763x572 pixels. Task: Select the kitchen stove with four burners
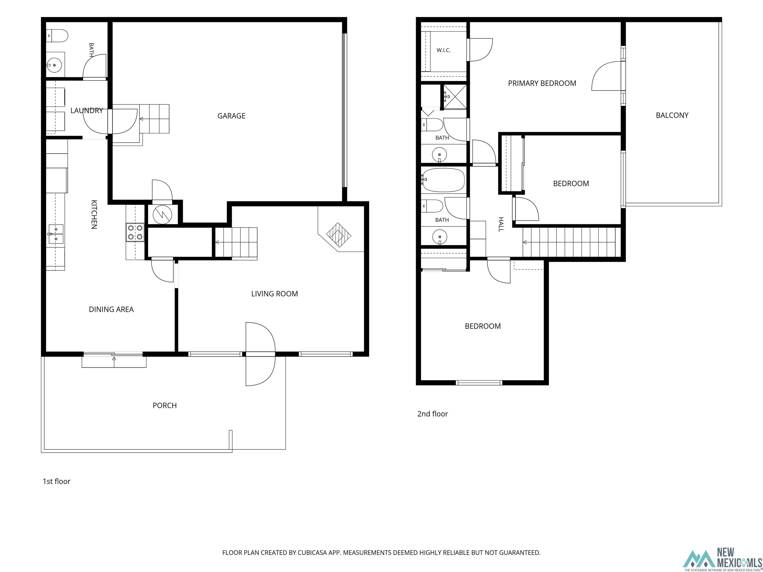[x=135, y=232]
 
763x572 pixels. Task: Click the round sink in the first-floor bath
[x=54, y=65]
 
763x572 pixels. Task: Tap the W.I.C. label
[x=444, y=50]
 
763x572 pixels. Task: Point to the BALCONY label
[x=672, y=115]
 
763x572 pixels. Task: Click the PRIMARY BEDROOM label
[x=542, y=83]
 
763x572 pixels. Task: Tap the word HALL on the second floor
[x=501, y=224]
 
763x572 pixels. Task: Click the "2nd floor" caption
[x=433, y=414]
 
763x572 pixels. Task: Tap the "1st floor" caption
[x=57, y=481]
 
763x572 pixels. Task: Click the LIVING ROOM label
[x=274, y=294]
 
